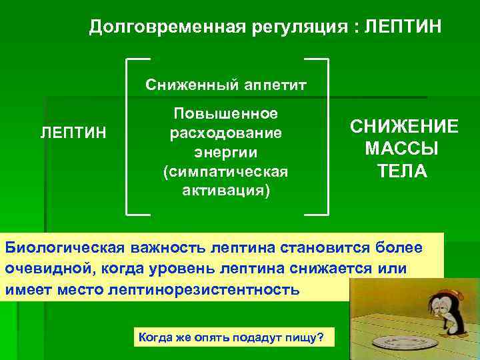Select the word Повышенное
coord(225,113)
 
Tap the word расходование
coord(225,133)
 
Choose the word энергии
coord(225,152)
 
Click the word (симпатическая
coord(225,172)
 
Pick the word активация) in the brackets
coord(225,191)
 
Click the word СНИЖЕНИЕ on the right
coord(404,127)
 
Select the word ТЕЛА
coord(404,171)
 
